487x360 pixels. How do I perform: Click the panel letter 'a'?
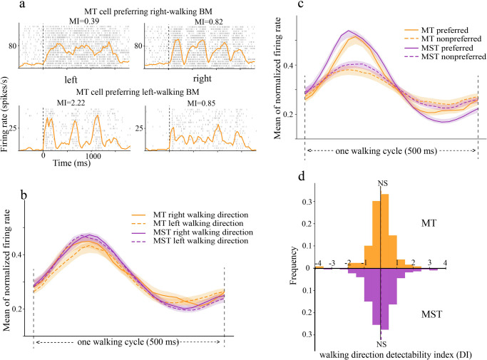tap(7, 6)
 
